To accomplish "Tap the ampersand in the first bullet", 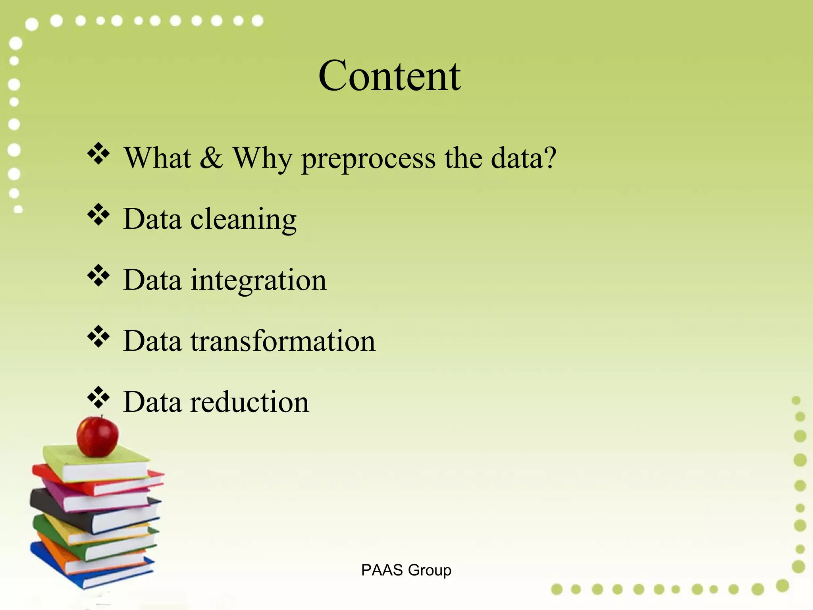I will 211,158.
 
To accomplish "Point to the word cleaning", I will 243,220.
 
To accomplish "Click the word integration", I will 258,280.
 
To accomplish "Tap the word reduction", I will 249,402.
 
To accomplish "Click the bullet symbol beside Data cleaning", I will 98,214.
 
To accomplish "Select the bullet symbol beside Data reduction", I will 98,398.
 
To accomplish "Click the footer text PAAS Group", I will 406,570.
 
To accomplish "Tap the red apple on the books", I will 98,436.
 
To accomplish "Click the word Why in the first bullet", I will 262,158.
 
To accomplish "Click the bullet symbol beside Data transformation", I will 98,336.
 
